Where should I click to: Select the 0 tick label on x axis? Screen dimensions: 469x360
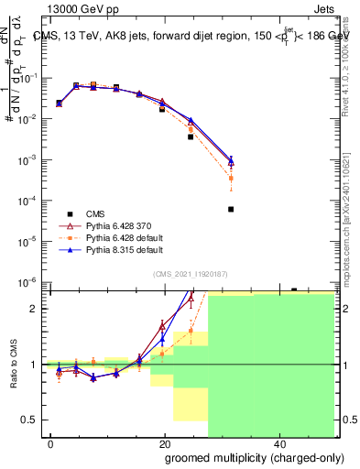click(51, 444)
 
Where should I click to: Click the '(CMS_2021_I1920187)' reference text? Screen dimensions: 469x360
click(190, 273)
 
